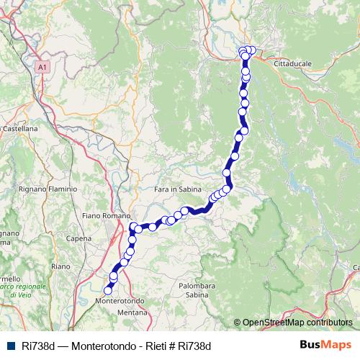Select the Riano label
60,266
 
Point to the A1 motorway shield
42,66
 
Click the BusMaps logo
325,346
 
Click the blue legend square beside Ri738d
10,346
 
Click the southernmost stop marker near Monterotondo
108,291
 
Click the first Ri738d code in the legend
35,346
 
